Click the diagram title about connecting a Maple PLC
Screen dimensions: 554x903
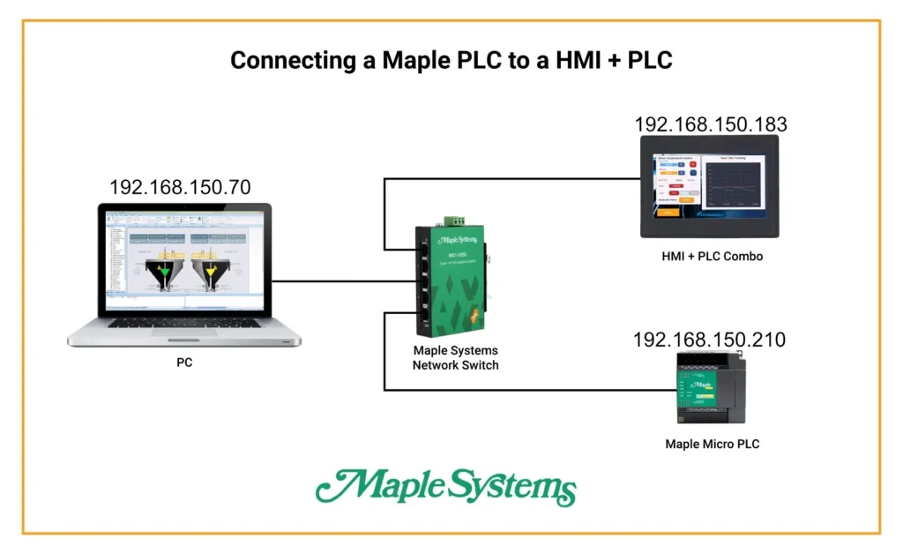pyautogui.click(x=451, y=60)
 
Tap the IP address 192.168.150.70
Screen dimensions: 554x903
pyautogui.click(x=180, y=187)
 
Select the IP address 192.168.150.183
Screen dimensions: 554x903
pyautogui.click(x=711, y=124)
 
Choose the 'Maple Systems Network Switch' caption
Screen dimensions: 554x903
pyautogui.click(x=455, y=357)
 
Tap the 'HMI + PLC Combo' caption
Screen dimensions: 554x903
pyautogui.click(x=711, y=257)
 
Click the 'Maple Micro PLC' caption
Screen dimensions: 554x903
pyautogui.click(x=712, y=444)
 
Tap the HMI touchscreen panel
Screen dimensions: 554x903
pyautogui.click(x=711, y=186)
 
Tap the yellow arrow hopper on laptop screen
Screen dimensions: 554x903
pyautogui.click(x=210, y=273)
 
